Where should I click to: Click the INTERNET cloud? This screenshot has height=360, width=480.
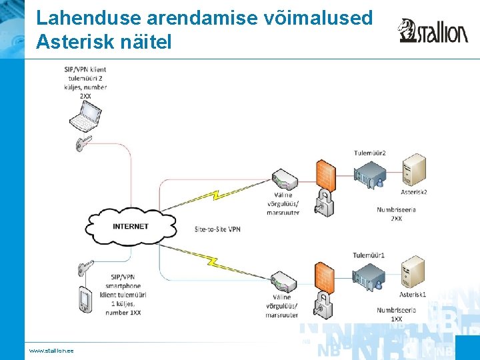pos(131,226)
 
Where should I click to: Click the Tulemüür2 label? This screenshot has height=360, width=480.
pos(370,153)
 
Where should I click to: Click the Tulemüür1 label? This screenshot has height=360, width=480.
pos(369,255)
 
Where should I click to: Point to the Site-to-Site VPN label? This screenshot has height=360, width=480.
pos(217,229)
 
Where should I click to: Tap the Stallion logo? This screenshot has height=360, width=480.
pos(433,31)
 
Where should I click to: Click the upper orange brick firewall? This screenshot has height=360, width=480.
pos(326,175)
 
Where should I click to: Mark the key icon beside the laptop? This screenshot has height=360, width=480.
pos(84,142)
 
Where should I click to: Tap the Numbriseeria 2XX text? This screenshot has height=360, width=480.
pos(396,214)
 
